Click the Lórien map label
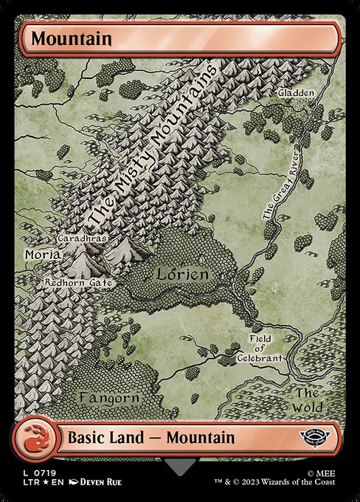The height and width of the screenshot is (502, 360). [x=183, y=274]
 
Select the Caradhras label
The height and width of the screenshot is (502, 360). [x=83, y=240]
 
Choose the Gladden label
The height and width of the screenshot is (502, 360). [x=297, y=94]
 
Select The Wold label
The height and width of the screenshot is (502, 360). [x=308, y=399]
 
